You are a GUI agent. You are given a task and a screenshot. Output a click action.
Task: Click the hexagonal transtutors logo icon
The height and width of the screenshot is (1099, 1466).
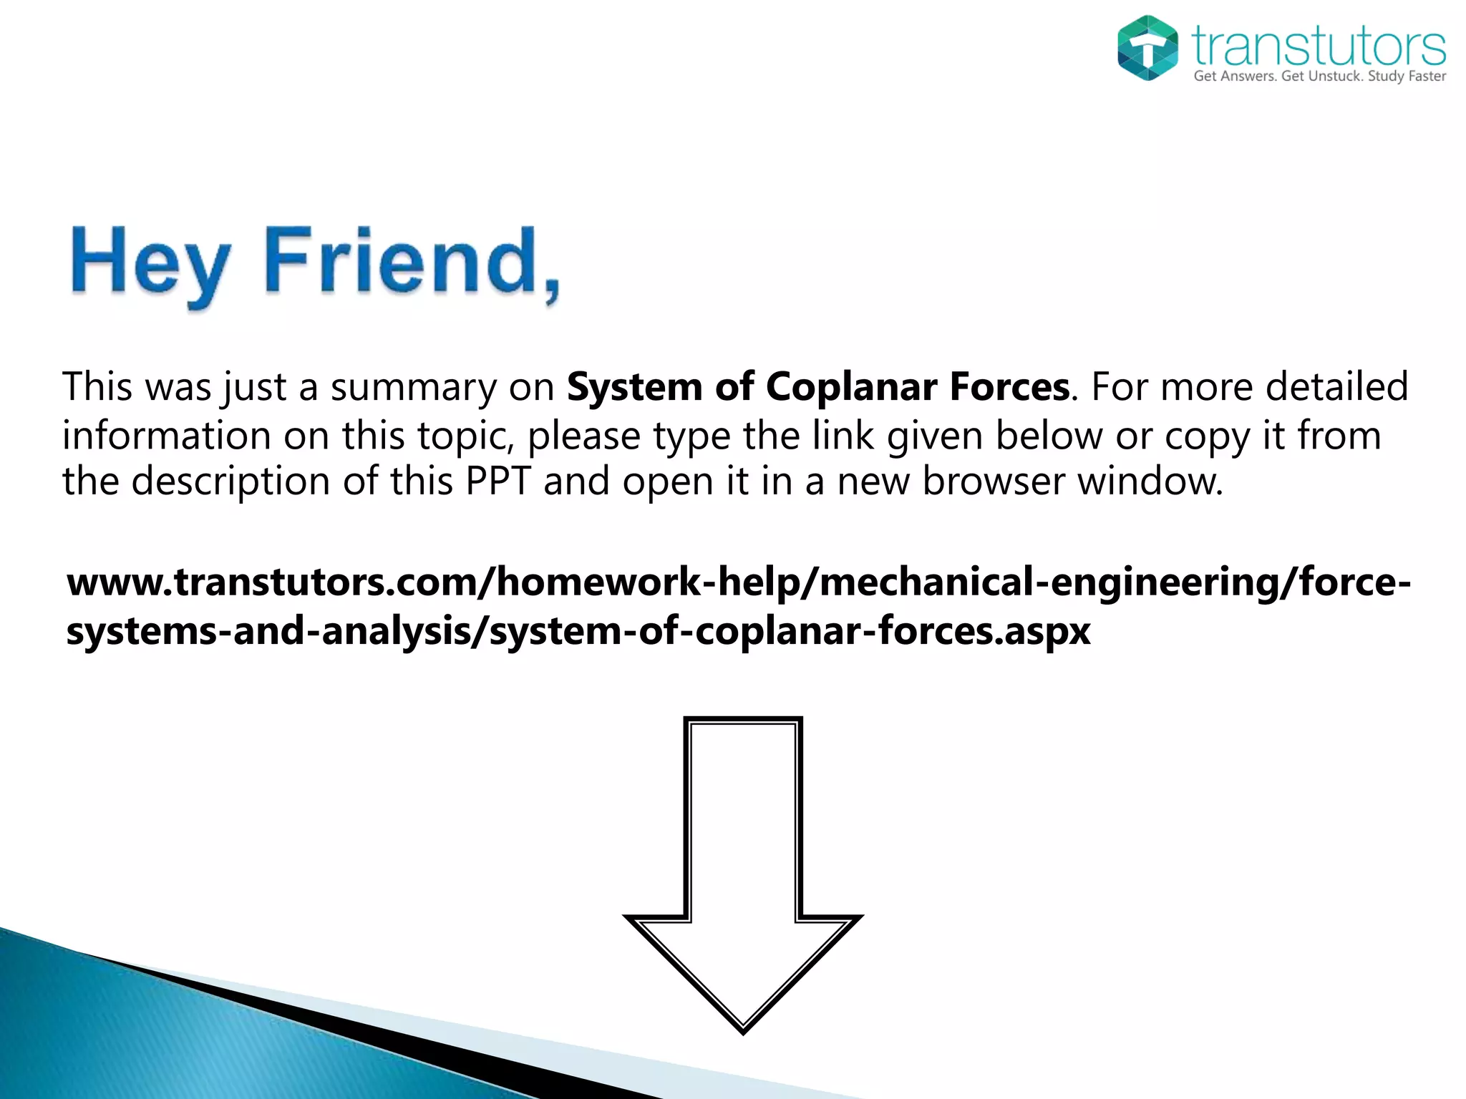pos(1147,47)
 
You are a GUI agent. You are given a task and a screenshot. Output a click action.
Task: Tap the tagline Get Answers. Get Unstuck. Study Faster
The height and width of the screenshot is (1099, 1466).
pos(1319,77)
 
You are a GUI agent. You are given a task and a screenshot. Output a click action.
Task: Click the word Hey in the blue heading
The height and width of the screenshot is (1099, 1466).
pos(151,263)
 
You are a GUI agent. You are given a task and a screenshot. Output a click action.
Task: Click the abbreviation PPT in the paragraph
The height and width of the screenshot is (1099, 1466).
pos(497,481)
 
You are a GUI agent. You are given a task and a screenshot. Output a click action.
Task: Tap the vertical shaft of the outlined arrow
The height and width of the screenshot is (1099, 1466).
pos(743,823)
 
